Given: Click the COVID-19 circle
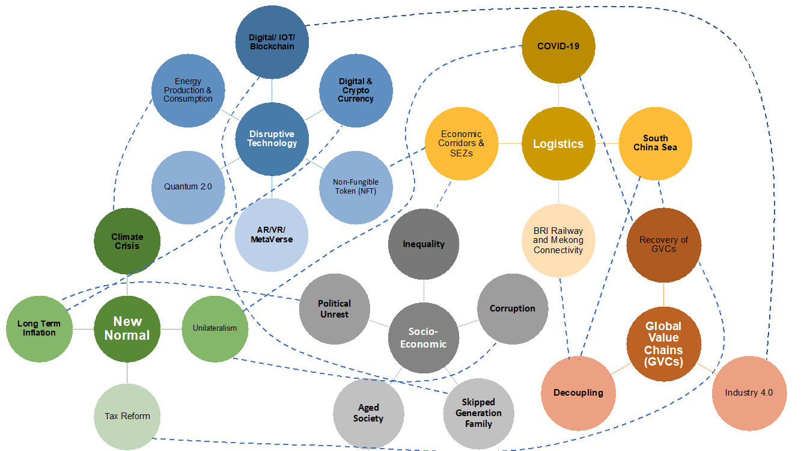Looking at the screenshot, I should [x=558, y=46].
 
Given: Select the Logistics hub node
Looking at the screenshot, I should [x=558, y=144].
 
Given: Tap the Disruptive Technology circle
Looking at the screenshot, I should [x=272, y=139].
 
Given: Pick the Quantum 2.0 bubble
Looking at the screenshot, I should [x=188, y=187].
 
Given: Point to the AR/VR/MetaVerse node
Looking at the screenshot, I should [x=272, y=235].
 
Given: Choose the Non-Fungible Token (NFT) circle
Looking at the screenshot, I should [x=356, y=187].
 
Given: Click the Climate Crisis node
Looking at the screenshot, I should [x=127, y=242].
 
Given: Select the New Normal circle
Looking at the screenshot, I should [x=127, y=329].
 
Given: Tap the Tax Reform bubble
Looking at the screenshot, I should [x=127, y=416].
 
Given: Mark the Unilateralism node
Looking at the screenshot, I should [x=215, y=328].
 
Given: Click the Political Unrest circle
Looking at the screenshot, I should [x=335, y=309].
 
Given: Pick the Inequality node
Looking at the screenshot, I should [x=424, y=244].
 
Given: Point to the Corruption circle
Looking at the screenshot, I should [x=513, y=308].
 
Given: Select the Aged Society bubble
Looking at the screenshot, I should [x=368, y=414].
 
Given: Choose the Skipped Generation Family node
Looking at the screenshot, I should [x=478, y=413].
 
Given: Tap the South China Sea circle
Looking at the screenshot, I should [x=655, y=143].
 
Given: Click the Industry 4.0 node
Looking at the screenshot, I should [x=749, y=393].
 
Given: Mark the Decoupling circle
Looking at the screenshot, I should [x=579, y=393].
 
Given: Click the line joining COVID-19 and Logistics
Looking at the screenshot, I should [x=558, y=95].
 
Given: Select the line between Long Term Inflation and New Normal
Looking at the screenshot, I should [x=83, y=329].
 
